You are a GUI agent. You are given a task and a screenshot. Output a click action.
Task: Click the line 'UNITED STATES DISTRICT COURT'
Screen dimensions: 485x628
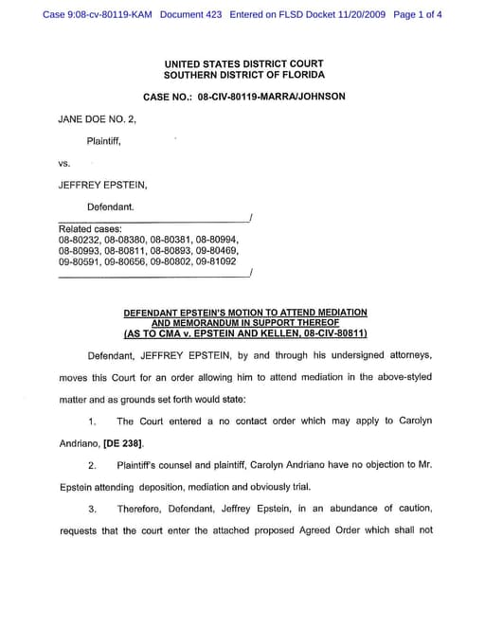244,63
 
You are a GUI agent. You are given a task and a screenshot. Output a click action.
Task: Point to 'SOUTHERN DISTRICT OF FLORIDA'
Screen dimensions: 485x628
244,75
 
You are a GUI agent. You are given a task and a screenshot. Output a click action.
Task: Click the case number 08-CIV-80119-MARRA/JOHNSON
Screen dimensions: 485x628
272,97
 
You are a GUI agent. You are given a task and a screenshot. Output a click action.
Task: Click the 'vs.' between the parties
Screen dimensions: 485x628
64,163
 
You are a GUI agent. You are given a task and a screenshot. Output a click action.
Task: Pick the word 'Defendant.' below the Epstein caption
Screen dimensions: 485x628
111,206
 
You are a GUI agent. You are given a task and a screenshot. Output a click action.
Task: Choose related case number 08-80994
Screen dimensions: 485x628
217,240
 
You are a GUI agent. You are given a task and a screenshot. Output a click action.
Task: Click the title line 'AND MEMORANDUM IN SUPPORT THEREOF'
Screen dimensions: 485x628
245,323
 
